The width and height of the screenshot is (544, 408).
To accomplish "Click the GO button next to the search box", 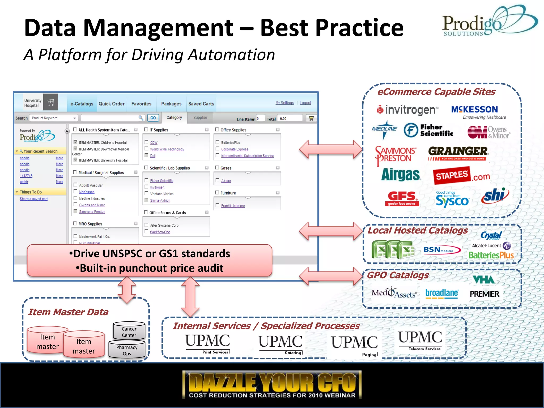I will tap(153, 118).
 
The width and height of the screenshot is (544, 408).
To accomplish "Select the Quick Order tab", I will tap(112, 104).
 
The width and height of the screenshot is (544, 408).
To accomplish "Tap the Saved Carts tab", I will tap(201, 104).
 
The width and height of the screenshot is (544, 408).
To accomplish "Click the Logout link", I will tap(305, 103).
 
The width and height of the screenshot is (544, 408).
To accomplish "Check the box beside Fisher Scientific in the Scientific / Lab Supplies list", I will tap(146, 180).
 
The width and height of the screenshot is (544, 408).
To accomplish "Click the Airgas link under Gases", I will tap(226, 181).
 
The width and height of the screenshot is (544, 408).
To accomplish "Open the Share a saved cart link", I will tap(34, 199).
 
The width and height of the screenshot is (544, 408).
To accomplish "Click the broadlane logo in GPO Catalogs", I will tap(441, 293).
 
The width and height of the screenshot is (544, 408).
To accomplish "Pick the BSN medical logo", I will tap(441, 250).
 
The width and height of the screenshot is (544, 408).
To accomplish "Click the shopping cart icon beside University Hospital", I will tap(51, 102).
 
